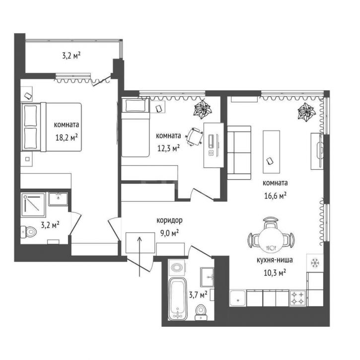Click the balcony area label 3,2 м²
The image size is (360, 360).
coord(71,56)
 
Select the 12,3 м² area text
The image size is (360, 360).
coord(168,148)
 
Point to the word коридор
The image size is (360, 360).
coord(169,221)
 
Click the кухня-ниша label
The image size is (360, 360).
coord(275,260)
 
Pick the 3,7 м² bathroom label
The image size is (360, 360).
coord(198,294)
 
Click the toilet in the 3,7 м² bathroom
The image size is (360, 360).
coord(202,312)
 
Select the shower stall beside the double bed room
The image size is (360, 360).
coord(33,205)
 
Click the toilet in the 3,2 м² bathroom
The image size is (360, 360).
coord(29,232)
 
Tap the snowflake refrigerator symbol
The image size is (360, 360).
coord(315,263)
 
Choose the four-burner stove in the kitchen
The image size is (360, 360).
coord(298,298)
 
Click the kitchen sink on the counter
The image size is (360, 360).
coord(238,298)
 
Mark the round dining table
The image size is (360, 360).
coord(271,240)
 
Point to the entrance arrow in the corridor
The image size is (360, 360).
coord(140,256)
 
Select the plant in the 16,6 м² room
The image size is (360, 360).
coord(306,111)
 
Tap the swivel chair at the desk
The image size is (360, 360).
coord(195,137)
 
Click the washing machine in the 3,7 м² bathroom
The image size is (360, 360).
coord(177,268)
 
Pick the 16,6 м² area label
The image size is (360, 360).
coord(275,196)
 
